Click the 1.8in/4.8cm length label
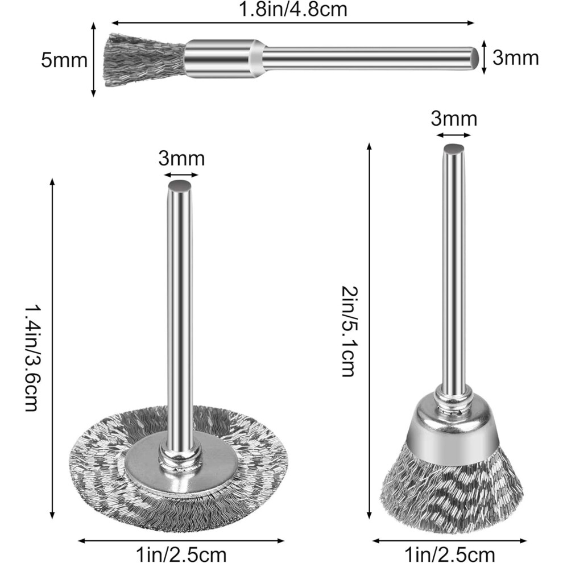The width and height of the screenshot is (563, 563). click(x=293, y=9)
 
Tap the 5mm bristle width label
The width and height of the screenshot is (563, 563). click(x=64, y=60)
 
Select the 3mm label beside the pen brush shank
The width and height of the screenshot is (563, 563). click(x=515, y=57)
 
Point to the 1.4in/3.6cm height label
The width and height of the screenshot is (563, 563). click(x=31, y=358)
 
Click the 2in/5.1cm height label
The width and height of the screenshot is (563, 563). click(x=347, y=331)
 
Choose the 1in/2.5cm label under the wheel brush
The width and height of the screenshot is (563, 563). click(x=181, y=554)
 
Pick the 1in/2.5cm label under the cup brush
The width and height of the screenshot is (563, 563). click(x=449, y=554)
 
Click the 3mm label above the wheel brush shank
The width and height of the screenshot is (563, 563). click(x=181, y=158)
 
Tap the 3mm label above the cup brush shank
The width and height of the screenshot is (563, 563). click(x=454, y=118)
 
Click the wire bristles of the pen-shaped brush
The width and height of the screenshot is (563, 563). click(x=146, y=60)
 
